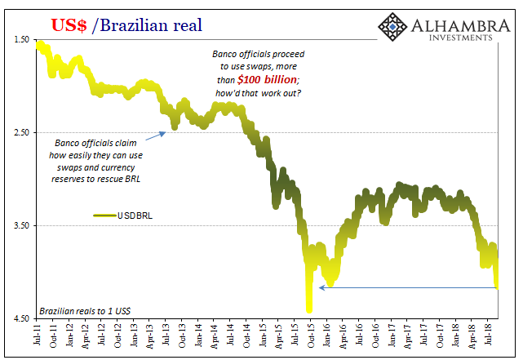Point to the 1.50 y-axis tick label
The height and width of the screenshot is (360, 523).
21,40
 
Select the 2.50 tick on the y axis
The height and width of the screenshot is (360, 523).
21,132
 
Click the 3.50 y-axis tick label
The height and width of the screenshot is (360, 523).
21,225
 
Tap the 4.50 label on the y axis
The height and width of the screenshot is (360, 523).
21,318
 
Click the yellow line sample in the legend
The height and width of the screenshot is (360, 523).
104,216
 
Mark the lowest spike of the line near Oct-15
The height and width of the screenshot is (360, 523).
309,310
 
